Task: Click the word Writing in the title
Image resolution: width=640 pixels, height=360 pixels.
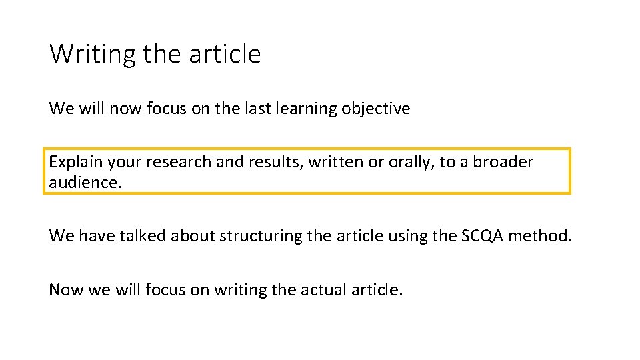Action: (93, 53)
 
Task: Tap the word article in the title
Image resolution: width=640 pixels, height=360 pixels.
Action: (225, 53)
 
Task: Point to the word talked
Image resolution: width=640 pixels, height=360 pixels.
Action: (143, 235)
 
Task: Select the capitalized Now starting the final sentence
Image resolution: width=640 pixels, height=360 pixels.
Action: (65, 290)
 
